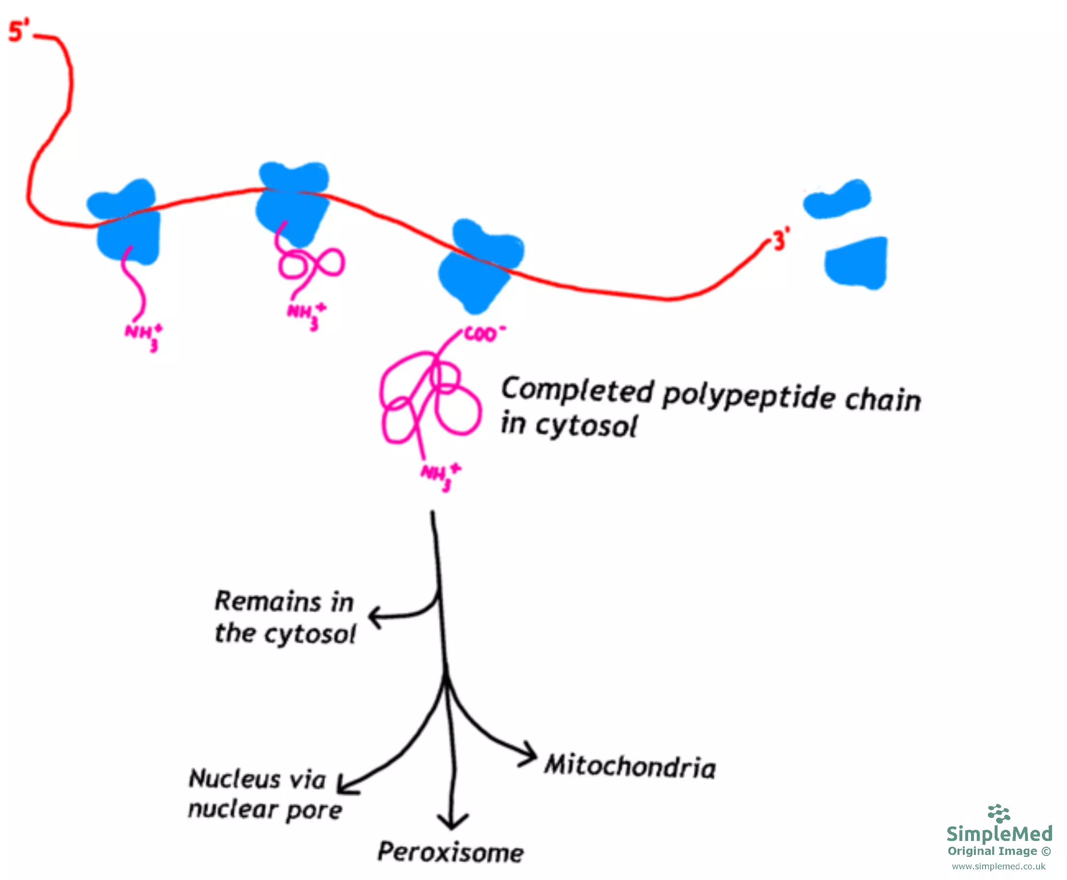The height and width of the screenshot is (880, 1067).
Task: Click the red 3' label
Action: [780, 239]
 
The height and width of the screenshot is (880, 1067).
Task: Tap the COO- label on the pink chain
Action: [484, 333]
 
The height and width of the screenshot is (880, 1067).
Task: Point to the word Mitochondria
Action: [630, 767]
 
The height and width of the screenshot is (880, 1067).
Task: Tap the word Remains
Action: [268, 602]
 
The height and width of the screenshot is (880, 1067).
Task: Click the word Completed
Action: [577, 391]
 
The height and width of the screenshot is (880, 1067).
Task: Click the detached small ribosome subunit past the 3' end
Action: [837, 200]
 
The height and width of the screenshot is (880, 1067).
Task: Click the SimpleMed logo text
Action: [999, 833]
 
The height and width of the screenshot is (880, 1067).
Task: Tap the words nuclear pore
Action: [265, 810]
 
